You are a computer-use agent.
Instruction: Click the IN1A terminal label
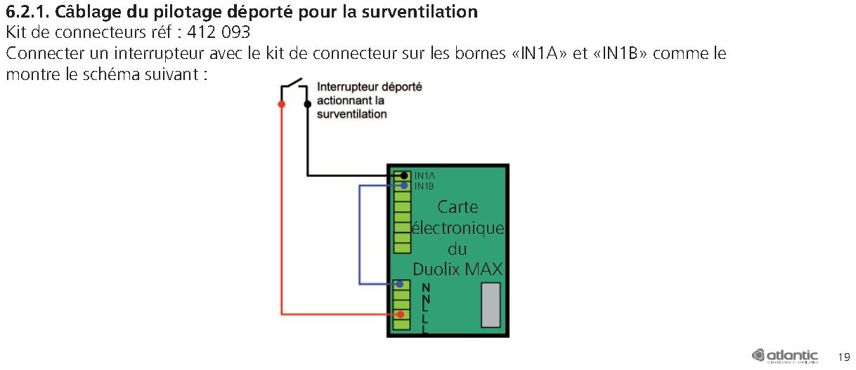(424, 176)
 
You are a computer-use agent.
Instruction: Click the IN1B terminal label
(424, 186)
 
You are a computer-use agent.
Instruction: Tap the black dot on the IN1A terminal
(403, 176)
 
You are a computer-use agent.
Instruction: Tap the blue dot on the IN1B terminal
(403, 186)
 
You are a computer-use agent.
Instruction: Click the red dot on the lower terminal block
(401, 314)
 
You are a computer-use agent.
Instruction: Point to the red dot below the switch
(282, 105)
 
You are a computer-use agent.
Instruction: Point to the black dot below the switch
(307, 105)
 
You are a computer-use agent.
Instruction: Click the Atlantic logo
(785, 355)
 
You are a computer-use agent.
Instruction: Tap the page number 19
(844, 355)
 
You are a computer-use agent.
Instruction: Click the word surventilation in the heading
(426, 12)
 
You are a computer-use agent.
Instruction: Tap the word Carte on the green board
(458, 207)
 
